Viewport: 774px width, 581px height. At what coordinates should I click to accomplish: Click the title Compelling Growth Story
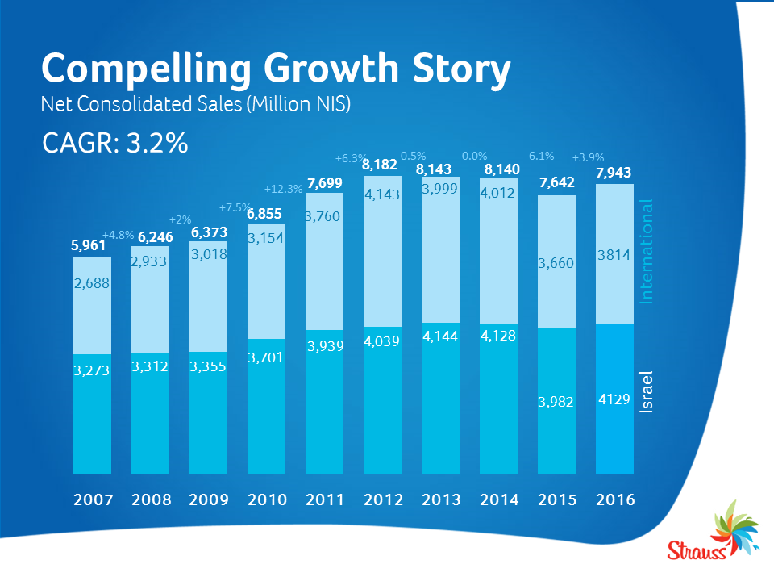coord(276,69)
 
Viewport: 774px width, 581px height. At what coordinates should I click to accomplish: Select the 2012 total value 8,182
coord(379,165)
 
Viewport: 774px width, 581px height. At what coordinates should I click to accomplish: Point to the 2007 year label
coord(92,499)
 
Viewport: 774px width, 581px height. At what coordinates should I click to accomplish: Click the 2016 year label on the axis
coord(615,499)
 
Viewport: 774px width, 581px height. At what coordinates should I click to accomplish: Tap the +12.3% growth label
coord(283,190)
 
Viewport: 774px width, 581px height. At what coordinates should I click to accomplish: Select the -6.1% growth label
coord(539,156)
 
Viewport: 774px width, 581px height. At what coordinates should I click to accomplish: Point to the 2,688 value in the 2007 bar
coord(92,283)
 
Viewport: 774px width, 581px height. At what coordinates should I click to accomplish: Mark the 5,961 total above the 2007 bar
coord(89,245)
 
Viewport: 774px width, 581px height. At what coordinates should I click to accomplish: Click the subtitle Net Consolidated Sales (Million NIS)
coord(195,105)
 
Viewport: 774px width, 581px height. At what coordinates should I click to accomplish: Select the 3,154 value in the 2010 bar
coord(266,238)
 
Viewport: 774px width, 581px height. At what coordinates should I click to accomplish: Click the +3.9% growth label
coord(588,157)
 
